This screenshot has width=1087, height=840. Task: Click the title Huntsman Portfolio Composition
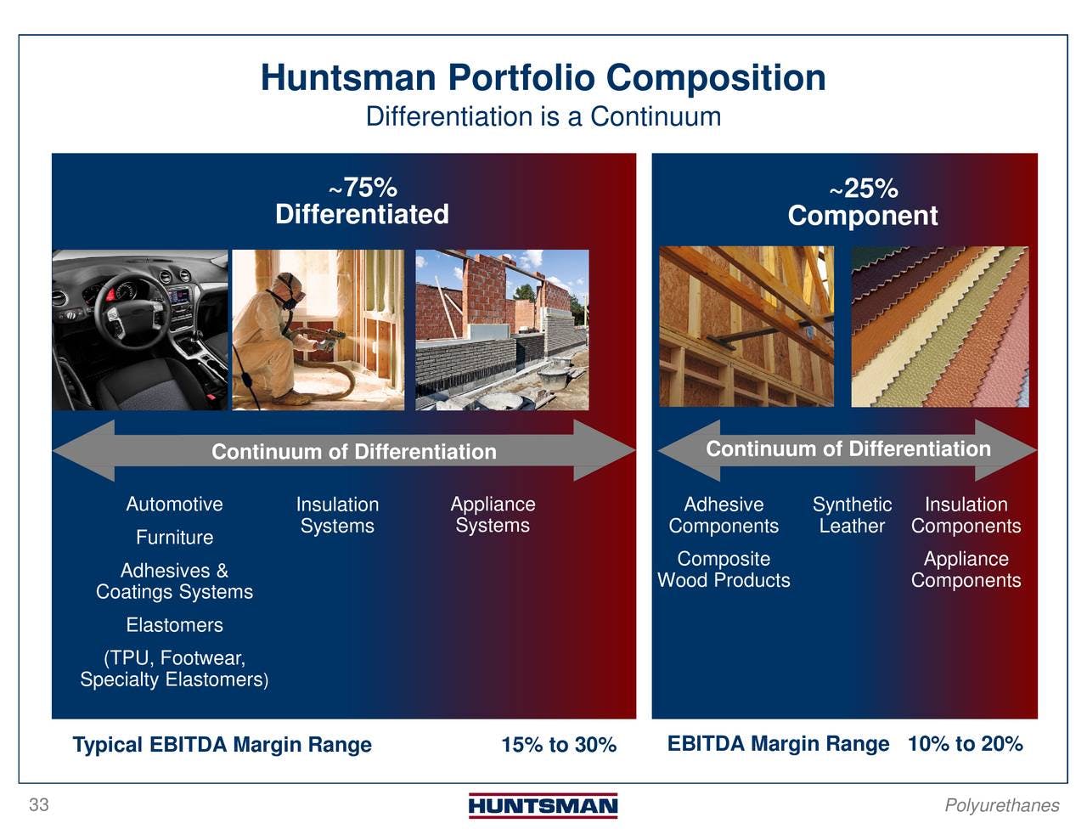pos(543,78)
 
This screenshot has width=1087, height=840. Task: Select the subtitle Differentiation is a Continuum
pos(543,117)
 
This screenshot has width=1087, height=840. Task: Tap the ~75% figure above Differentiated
pos(363,188)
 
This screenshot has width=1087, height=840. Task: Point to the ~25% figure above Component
pos(864,189)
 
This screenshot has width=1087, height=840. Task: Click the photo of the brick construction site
pos(502,330)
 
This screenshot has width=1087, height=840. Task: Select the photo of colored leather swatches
pos(940,326)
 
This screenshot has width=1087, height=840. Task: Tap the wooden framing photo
pos(746,326)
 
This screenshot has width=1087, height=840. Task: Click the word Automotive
pos(175,504)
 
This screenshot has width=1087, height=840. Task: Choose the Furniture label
pos(175,538)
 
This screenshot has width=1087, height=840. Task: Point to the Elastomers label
pos(175,625)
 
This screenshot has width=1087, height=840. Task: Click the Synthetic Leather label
pos(852,516)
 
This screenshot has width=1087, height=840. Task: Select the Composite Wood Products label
pos(724,569)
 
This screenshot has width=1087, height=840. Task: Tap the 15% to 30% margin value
pos(559,744)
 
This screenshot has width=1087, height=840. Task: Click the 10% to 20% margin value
pos(966,743)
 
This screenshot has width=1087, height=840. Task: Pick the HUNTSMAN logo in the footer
pos(543,806)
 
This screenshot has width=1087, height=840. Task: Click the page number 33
pos(39,805)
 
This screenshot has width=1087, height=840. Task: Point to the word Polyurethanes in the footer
pos(1002,806)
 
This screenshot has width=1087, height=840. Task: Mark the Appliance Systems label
pos(493,515)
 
